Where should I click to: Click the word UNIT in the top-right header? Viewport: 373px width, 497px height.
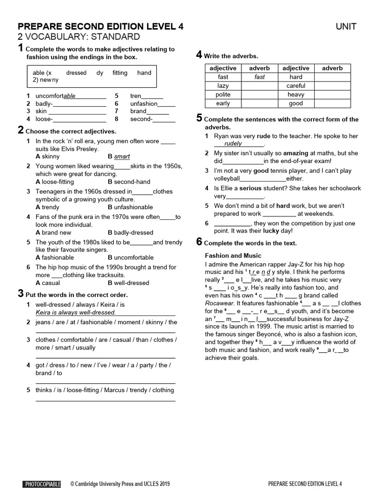346,26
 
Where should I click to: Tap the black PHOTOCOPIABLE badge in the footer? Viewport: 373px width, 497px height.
42,484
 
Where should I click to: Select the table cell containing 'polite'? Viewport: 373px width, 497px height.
223,95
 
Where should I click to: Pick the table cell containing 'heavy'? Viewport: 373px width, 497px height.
296,95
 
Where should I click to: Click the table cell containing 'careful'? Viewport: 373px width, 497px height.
296,86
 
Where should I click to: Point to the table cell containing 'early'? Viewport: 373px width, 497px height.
223,103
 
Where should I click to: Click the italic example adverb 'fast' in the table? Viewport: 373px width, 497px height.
259,77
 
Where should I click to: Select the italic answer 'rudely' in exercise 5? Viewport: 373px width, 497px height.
233,144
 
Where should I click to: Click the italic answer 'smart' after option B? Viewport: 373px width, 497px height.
121,157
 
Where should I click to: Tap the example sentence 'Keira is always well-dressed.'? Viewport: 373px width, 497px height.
76,312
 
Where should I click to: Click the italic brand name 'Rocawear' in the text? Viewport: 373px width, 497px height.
220,303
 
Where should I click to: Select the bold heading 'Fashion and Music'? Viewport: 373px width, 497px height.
233,255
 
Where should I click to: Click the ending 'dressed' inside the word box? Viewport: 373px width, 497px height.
76,73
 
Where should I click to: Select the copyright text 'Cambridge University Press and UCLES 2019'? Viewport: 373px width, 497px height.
120,484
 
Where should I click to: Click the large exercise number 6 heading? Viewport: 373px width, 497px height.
199,242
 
